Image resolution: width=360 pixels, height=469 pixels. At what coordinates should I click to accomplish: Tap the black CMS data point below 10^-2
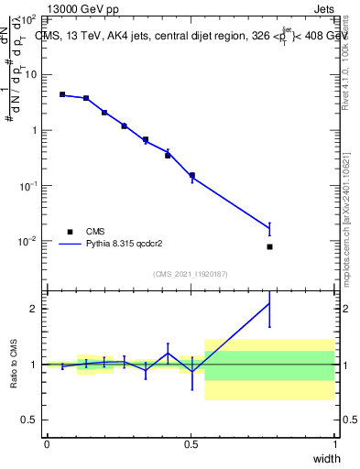point(269,246)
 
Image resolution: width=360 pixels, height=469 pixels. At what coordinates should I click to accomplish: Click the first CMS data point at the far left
point(62,94)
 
